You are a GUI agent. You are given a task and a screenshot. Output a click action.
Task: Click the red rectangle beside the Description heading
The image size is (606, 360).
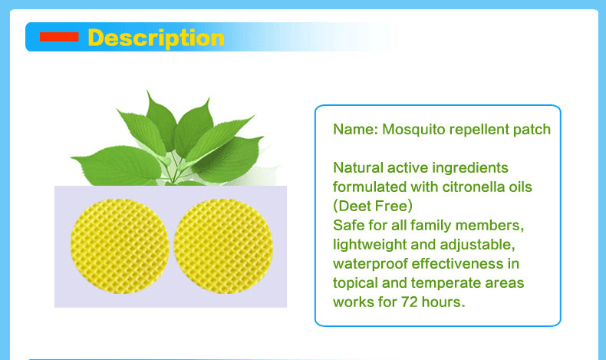59,37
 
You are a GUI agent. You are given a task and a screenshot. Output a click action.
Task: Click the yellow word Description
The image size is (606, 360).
156,38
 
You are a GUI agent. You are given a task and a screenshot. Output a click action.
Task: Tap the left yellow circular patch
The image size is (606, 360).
120,246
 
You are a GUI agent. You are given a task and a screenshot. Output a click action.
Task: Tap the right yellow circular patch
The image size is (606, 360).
223,246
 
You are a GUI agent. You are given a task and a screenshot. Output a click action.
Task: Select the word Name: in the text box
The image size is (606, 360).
356,129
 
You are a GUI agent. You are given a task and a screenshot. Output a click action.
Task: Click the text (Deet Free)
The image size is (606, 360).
373,206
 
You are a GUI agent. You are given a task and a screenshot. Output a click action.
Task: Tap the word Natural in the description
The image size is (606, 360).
358,168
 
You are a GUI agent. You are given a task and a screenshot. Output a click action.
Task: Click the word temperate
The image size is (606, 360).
448,283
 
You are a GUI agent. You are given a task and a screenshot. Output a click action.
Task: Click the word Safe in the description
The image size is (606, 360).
349,226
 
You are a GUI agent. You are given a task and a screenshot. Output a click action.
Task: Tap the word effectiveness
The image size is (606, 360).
458,264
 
